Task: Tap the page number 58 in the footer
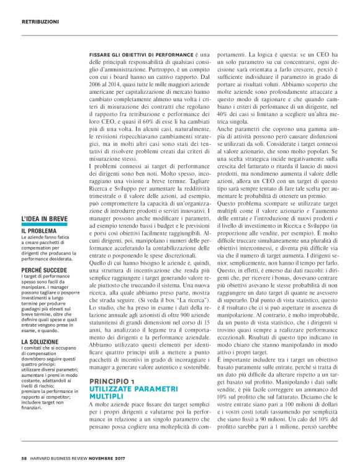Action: (x=24, y=459)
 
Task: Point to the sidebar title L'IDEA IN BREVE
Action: (x=43, y=219)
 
